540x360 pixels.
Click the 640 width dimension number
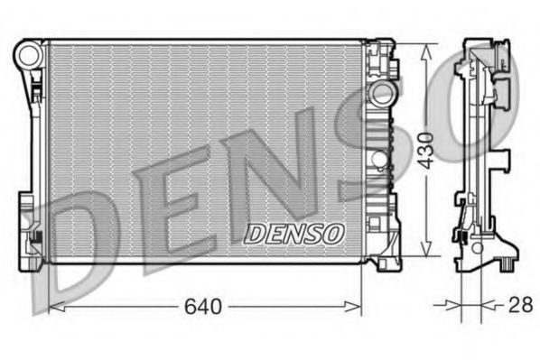tap(202, 307)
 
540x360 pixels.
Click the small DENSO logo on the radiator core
tap(294, 234)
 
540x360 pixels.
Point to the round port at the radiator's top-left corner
tap(27, 55)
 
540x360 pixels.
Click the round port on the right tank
tap(382, 93)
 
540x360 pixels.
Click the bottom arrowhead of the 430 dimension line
tap(426, 255)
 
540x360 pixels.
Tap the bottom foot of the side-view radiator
tap(507, 263)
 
